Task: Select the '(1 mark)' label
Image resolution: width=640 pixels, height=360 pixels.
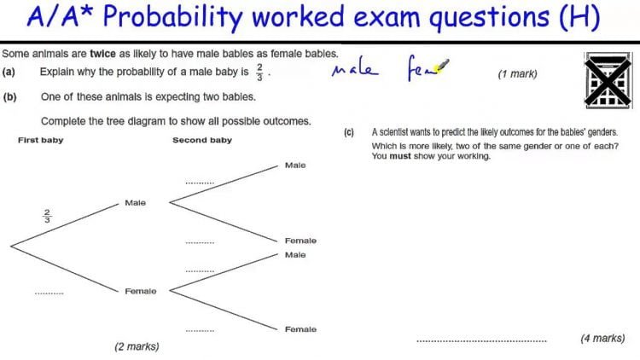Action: [x=517, y=74]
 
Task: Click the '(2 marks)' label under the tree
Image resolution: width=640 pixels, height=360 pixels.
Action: [x=137, y=346]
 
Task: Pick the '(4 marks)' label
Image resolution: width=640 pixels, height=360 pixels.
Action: [x=602, y=338]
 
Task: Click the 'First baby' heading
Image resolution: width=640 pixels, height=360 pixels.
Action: [x=40, y=140]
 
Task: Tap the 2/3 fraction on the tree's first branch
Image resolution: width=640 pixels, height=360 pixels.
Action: [x=47, y=216]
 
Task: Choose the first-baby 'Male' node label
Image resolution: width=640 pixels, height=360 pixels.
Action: [x=135, y=203]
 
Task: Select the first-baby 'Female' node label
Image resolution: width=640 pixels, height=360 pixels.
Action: [x=140, y=291]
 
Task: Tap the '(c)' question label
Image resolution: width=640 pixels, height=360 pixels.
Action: [x=349, y=133]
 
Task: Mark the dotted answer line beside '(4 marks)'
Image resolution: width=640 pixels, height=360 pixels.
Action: [x=481, y=340]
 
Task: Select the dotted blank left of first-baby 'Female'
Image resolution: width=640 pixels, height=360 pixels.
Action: [x=49, y=293]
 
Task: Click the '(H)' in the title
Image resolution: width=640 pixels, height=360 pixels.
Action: [x=580, y=16]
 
